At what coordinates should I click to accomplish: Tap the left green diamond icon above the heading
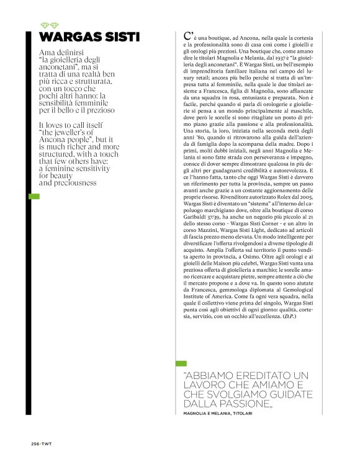coord(43,25)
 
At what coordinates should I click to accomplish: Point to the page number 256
coord(35,443)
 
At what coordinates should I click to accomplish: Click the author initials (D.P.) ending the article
coord(289,317)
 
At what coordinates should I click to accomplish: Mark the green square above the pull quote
coord(181,363)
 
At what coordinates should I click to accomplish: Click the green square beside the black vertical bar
coord(35,196)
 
